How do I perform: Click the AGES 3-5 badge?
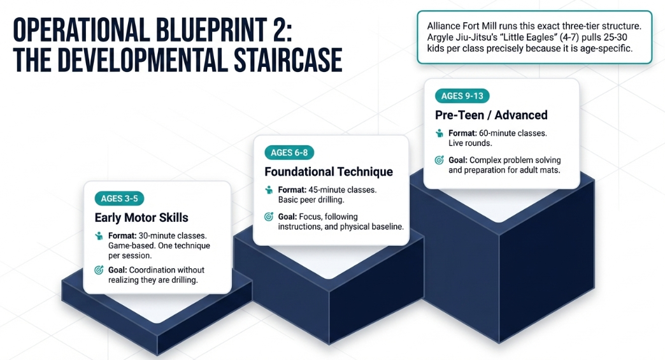119,198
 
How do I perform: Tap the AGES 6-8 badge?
289,152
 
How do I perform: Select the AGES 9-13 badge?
462,96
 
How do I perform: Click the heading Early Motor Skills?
141,217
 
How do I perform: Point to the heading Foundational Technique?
329,171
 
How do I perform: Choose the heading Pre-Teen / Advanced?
491,115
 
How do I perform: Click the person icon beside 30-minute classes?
99,236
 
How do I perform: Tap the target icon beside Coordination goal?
99,270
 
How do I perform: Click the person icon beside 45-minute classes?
269,190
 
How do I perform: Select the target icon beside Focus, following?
269,217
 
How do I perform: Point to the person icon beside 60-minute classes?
440,133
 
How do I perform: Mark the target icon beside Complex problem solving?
440,160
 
